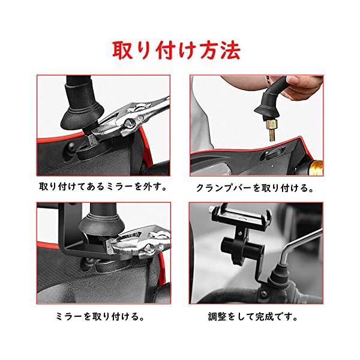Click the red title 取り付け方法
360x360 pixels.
pos(176,50)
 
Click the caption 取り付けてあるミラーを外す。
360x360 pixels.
pos(103,187)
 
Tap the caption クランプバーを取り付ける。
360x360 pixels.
pos(255,188)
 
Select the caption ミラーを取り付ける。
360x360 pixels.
pos(100,317)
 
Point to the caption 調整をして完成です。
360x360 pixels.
pos(253,317)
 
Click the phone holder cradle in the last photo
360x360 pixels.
pos(242,217)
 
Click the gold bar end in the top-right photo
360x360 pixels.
pos(317,167)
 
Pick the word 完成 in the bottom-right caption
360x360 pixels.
pos(265,317)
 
